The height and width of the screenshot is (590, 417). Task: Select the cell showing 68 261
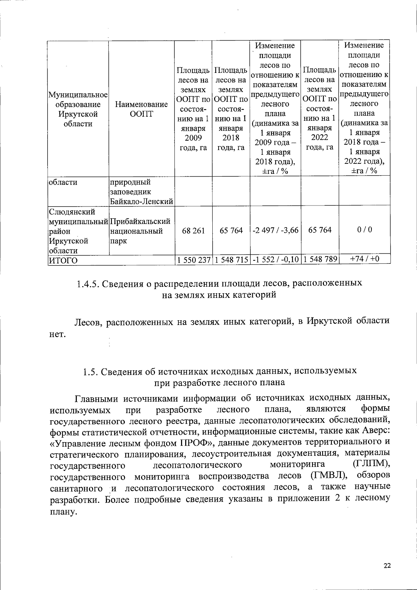193,230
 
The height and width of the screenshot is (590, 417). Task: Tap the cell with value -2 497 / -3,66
275,230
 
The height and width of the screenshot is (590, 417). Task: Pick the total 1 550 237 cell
193,260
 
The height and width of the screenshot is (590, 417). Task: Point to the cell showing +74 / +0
364,259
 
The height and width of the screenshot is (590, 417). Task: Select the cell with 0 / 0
364,230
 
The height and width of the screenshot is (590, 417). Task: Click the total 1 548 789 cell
320,260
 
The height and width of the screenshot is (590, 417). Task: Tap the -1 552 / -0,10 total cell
275,260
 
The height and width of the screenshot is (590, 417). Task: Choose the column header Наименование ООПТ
141,109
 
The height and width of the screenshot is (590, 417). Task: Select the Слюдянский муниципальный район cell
78,231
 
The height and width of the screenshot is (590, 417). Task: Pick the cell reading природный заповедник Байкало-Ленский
141,192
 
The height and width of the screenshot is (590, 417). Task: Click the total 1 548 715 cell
231,260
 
